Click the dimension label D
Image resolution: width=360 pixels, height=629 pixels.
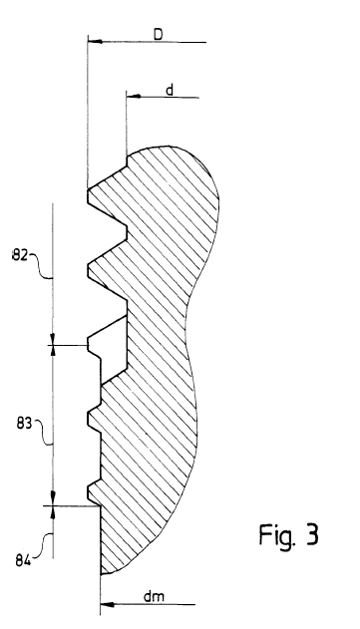click(159, 35)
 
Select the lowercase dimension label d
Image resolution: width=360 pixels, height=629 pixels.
click(170, 91)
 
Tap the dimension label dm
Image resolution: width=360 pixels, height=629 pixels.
click(154, 597)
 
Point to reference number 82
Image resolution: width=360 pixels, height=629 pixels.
click(19, 255)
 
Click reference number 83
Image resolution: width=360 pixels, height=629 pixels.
click(24, 424)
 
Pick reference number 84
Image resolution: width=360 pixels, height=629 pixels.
click(23, 560)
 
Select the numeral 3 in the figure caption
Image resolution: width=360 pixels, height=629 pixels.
click(312, 534)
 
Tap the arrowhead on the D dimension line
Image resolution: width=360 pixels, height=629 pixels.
click(95, 41)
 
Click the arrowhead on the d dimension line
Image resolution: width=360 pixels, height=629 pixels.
click(134, 97)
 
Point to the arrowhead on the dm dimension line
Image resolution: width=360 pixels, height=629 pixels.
click(107, 604)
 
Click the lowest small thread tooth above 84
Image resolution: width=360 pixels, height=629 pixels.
click(94, 494)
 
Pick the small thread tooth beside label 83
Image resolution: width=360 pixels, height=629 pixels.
click(94, 419)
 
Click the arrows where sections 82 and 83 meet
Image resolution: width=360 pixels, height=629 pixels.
click(52, 345)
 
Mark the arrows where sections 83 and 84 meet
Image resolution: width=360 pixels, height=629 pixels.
click(52, 505)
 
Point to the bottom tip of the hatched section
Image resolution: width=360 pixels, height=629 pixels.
click(102, 574)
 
